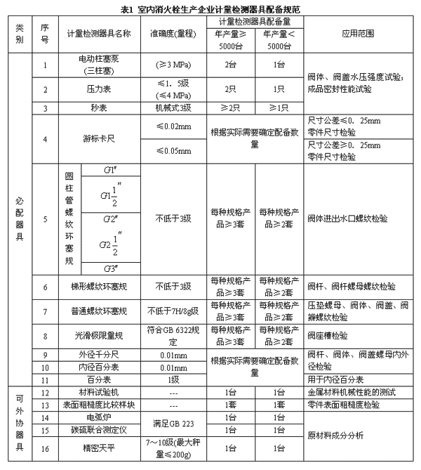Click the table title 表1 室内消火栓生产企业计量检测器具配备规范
click(x=211, y=9)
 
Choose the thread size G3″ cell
click(x=109, y=269)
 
